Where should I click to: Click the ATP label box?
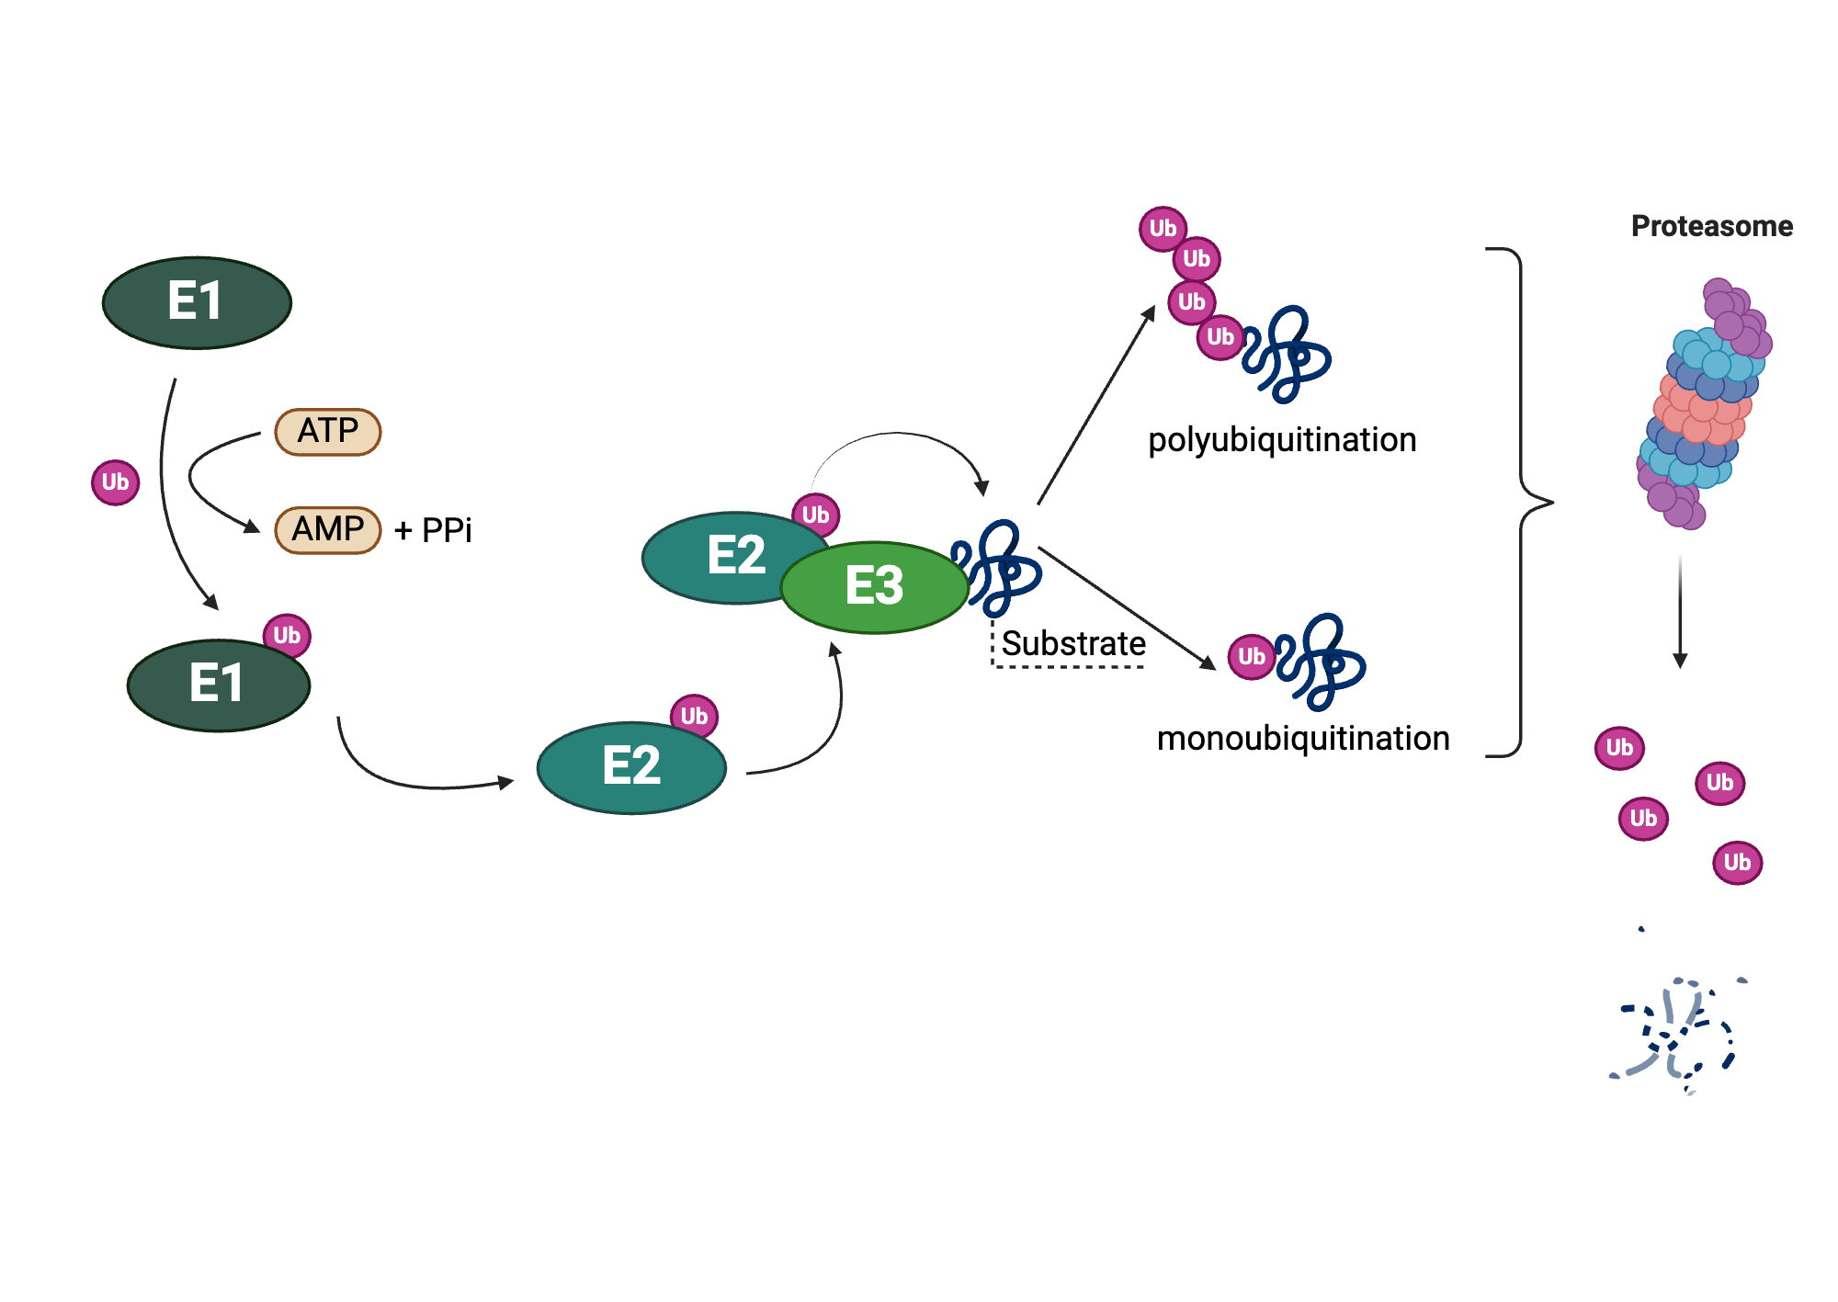328,431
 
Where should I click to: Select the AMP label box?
328,529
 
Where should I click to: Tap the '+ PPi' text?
433,530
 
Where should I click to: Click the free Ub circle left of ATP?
115,482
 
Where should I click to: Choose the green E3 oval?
874,587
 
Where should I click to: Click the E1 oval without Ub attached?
197,302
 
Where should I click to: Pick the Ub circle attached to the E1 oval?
287,636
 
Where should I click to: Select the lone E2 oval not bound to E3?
631,767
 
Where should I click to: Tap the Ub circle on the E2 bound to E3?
815,515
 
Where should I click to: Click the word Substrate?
1073,643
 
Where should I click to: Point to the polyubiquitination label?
1282,440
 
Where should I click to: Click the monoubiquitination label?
1303,739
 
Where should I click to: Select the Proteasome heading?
1711,226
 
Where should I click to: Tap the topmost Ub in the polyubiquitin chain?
1163,229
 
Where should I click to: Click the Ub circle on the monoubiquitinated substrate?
1251,657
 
